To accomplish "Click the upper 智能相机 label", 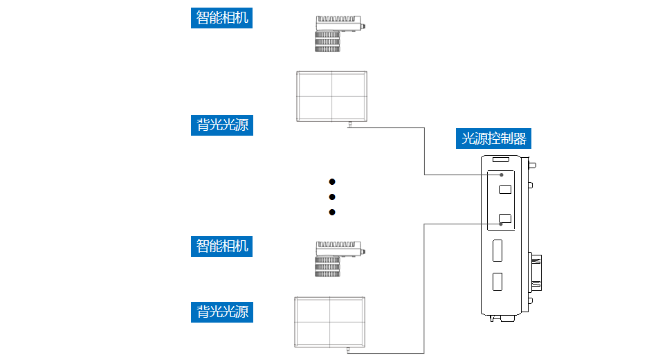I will click(x=221, y=17).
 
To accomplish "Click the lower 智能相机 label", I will click(x=221, y=246).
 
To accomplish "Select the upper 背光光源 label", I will click(x=221, y=125).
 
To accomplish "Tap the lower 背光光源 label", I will click(x=221, y=312).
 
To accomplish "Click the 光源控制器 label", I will click(x=494, y=138).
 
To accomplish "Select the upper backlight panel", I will click(x=332, y=96).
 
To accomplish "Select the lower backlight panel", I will click(x=329, y=322).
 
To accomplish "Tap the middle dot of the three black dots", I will click(x=332, y=197).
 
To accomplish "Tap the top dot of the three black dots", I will click(x=332, y=181).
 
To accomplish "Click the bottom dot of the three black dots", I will click(x=332, y=212).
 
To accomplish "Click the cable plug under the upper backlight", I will click(x=350, y=125).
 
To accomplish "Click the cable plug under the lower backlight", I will click(x=347, y=351).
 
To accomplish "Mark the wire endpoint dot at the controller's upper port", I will click(x=502, y=175).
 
